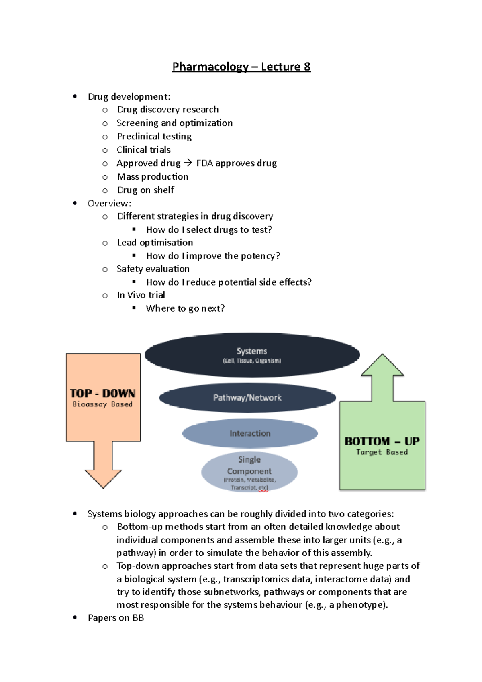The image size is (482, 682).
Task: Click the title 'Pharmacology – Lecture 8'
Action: tap(241, 67)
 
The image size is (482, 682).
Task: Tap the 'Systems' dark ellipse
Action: tap(252, 355)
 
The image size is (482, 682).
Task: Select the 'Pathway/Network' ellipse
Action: tap(247, 398)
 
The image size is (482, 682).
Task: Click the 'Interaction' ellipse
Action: tap(250, 433)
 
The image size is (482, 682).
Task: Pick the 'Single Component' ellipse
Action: tap(249, 472)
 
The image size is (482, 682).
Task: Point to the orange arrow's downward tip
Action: tap(103, 488)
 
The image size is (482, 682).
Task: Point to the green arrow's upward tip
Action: tap(382, 354)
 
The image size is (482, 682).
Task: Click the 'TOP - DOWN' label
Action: tap(102, 393)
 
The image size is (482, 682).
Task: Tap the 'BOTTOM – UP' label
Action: tap(382, 441)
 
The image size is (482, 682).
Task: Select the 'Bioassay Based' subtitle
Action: tap(102, 404)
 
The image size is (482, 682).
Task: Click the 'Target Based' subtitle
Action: tap(382, 452)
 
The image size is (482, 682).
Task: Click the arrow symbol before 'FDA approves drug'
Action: tap(188, 163)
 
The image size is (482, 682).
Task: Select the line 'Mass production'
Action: tap(153, 177)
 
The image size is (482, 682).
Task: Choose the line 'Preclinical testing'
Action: tap(154, 137)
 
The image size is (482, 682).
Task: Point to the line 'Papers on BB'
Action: tap(116, 617)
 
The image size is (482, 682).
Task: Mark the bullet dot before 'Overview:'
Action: tap(75, 203)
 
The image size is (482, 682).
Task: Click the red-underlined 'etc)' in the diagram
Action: tap(263, 488)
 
